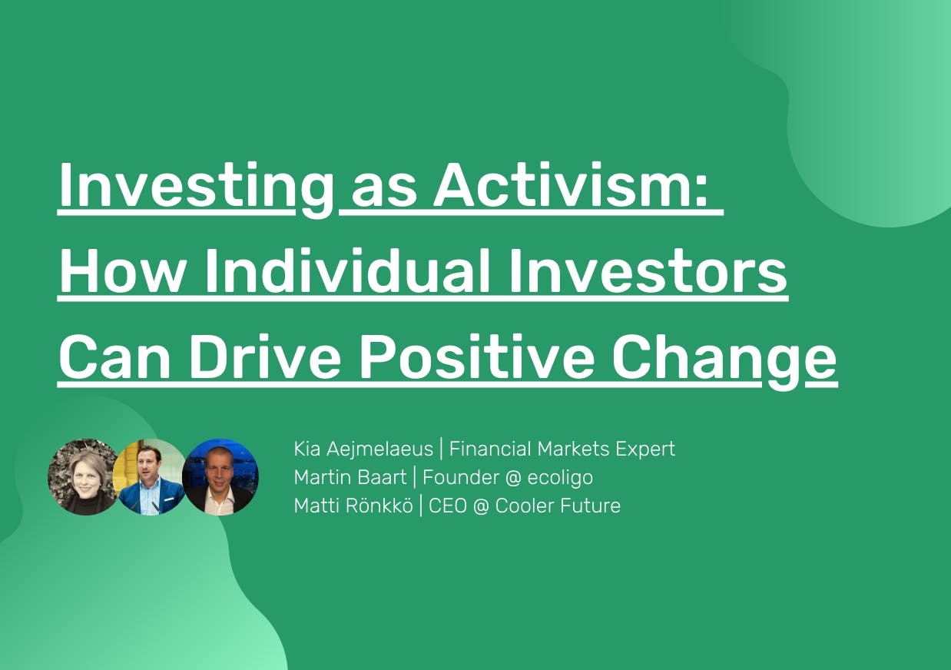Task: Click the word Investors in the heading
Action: [x=648, y=271]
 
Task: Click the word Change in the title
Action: [x=724, y=361]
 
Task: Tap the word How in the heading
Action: [x=122, y=271]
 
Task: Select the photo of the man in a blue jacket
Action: [x=151, y=477]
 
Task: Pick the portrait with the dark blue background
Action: [x=220, y=477]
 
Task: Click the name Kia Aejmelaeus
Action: [x=363, y=449]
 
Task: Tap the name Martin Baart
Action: [x=350, y=478]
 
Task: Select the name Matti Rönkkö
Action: [x=353, y=506]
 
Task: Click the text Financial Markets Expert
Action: [x=562, y=449]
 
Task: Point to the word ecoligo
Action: [x=560, y=478]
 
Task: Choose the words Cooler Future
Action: [x=558, y=506]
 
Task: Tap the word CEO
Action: [x=448, y=506]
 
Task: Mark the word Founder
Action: [x=461, y=478]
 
